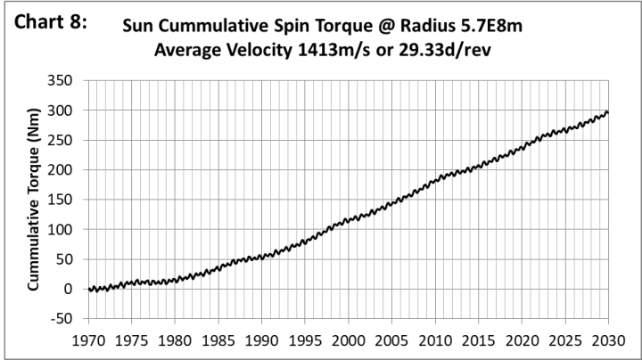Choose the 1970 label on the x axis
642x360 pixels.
tap(88, 340)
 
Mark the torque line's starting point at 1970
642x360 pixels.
tap(88, 289)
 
